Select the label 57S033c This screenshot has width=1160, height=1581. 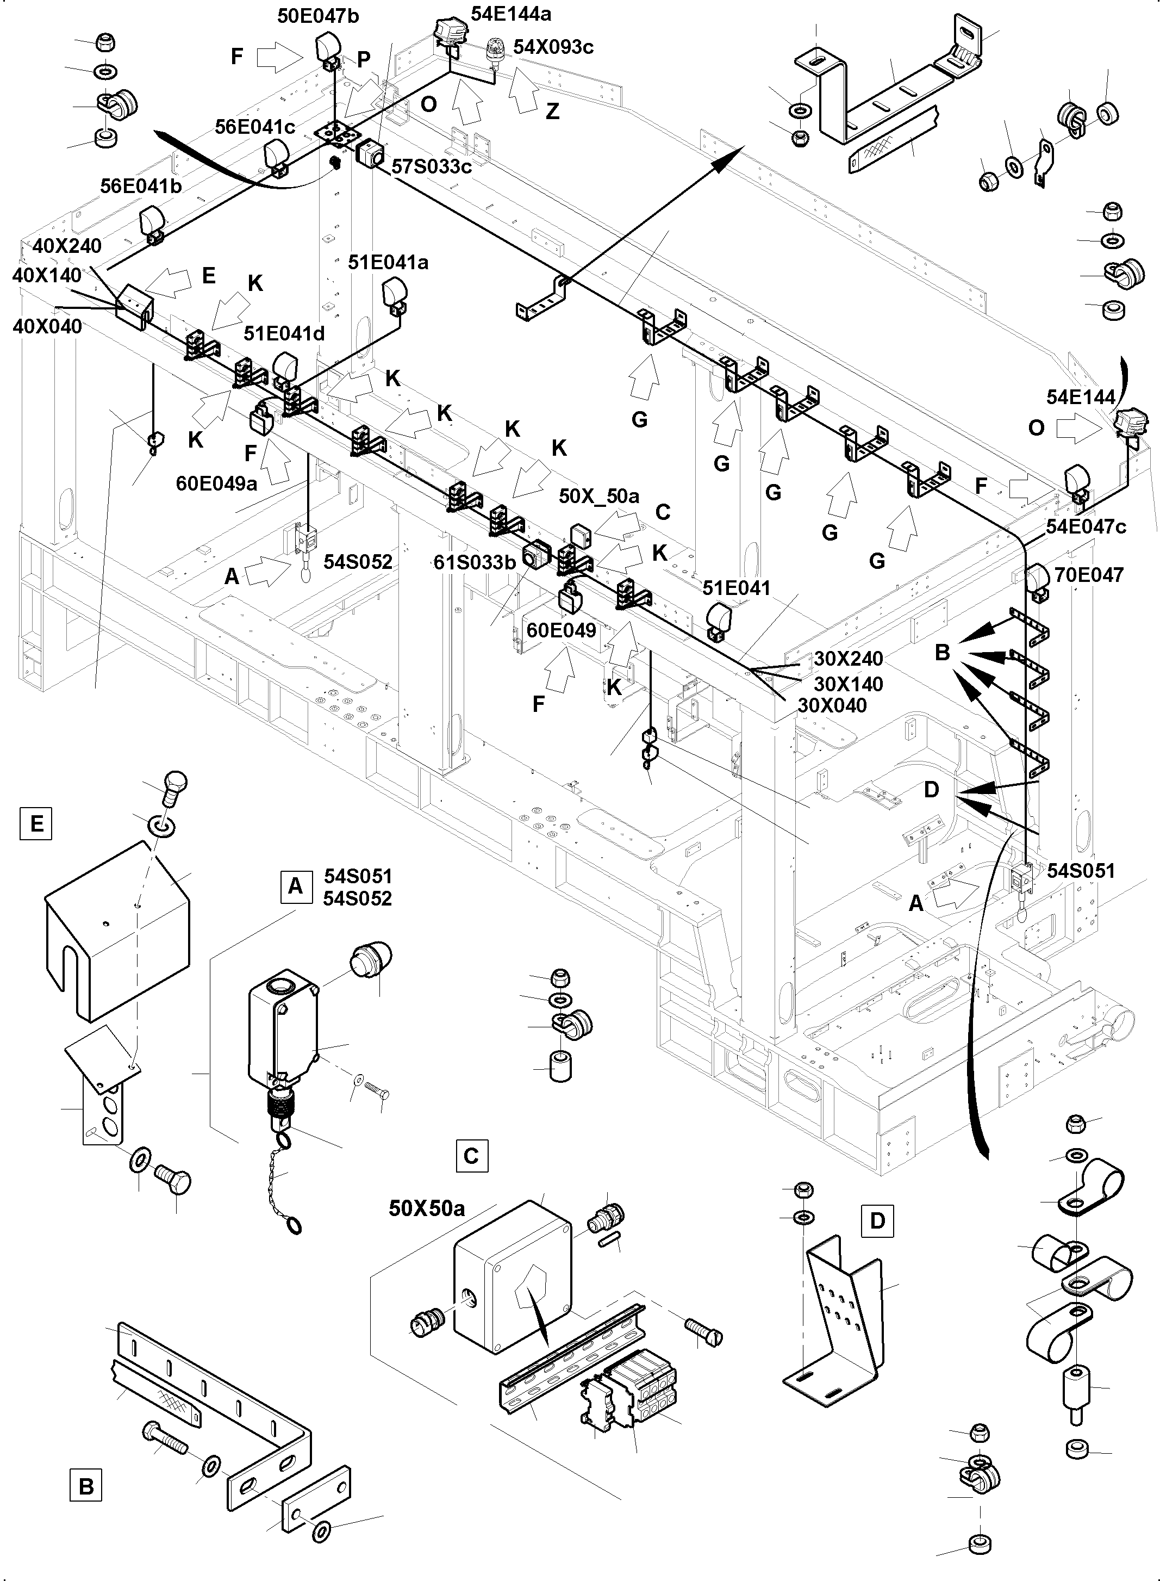tap(431, 166)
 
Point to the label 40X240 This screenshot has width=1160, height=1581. tap(67, 246)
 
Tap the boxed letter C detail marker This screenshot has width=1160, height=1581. tap(471, 1155)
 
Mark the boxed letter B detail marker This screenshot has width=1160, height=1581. tap(86, 1486)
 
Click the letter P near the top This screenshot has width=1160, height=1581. tap(363, 60)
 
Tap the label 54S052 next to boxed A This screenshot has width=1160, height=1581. tap(358, 898)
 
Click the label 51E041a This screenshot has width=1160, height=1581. tap(388, 262)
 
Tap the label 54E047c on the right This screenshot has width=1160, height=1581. tap(1086, 527)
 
